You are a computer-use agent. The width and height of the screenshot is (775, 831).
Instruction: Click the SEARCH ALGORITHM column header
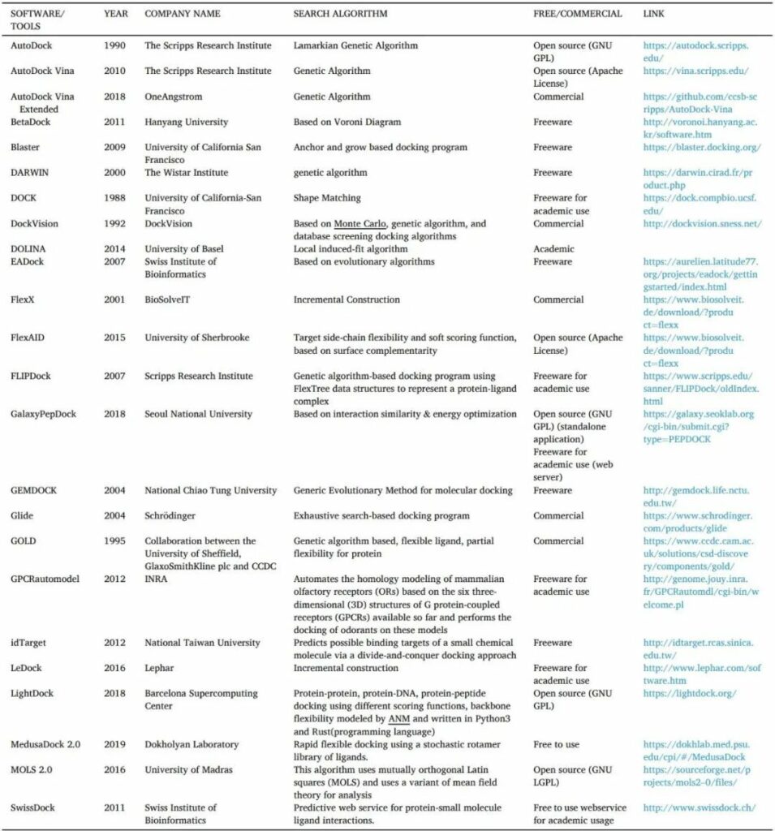(x=340, y=14)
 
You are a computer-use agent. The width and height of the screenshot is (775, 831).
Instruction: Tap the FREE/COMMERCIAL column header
(x=577, y=14)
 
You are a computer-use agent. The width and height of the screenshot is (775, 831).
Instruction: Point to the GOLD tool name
(x=24, y=540)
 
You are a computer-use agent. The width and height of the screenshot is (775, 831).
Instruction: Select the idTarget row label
(x=29, y=643)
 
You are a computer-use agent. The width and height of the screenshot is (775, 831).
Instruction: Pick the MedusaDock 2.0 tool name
(x=45, y=744)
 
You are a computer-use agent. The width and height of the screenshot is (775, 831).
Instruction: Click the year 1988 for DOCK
(x=114, y=198)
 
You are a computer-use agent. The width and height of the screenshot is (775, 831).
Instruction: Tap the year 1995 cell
(x=114, y=540)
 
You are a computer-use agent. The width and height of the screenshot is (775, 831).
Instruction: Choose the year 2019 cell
(x=114, y=744)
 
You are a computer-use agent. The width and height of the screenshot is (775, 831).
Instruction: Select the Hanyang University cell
(x=186, y=123)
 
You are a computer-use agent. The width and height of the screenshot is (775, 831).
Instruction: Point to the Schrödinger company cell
(x=174, y=515)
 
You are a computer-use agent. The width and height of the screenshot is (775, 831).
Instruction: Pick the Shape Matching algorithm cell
(x=328, y=198)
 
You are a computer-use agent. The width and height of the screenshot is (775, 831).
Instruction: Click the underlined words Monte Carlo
(x=360, y=224)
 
